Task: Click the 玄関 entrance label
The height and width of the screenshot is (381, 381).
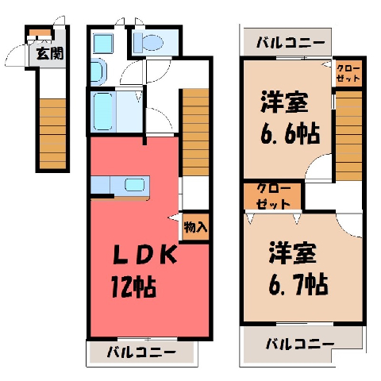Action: (x=50, y=53)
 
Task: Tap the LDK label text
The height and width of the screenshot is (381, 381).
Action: (x=144, y=255)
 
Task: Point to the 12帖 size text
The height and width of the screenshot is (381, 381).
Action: (x=133, y=287)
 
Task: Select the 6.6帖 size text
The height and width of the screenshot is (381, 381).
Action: (x=290, y=134)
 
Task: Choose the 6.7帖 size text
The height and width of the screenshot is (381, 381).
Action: (x=298, y=285)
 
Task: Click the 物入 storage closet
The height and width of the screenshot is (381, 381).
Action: (x=195, y=226)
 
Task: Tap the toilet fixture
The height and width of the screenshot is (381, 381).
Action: (x=148, y=43)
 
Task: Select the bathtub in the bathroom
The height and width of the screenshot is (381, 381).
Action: (x=103, y=111)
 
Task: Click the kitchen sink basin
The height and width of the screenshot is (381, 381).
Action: (x=135, y=185)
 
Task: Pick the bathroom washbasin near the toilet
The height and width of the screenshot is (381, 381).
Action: (x=98, y=71)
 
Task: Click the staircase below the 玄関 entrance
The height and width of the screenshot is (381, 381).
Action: (x=52, y=133)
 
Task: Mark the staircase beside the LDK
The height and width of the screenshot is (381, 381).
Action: (x=195, y=132)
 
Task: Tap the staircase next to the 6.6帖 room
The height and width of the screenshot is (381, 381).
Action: (x=348, y=136)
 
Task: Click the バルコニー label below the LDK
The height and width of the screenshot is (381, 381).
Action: (x=141, y=352)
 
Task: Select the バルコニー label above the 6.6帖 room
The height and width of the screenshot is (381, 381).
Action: (x=291, y=42)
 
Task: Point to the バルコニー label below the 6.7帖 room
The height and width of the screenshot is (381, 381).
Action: (x=300, y=344)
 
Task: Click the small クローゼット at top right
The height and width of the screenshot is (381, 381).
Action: (x=348, y=74)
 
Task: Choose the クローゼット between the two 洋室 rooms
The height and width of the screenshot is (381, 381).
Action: (x=272, y=196)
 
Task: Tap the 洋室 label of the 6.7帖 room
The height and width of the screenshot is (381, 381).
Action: (x=293, y=253)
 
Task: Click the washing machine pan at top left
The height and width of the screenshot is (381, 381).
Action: (x=103, y=44)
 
